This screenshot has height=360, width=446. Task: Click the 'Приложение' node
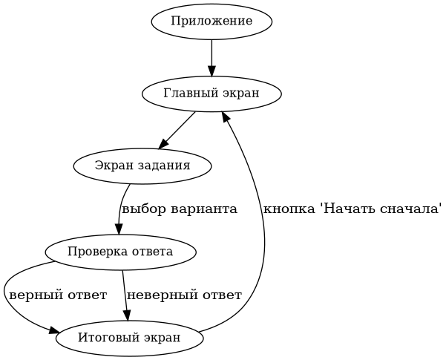pos(211,22)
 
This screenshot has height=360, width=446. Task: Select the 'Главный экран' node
pos(211,94)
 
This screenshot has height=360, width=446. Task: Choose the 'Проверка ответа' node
pos(120,252)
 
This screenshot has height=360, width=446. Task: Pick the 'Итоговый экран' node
pos(129,338)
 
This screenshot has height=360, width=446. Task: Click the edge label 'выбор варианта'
pos(180,209)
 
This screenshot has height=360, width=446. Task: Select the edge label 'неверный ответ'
pos(185,295)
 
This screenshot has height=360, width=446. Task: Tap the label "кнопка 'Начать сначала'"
pos(353,209)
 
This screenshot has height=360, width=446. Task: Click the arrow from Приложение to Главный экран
pos(211,56)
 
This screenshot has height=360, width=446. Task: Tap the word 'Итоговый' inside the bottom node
pos(105,338)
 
